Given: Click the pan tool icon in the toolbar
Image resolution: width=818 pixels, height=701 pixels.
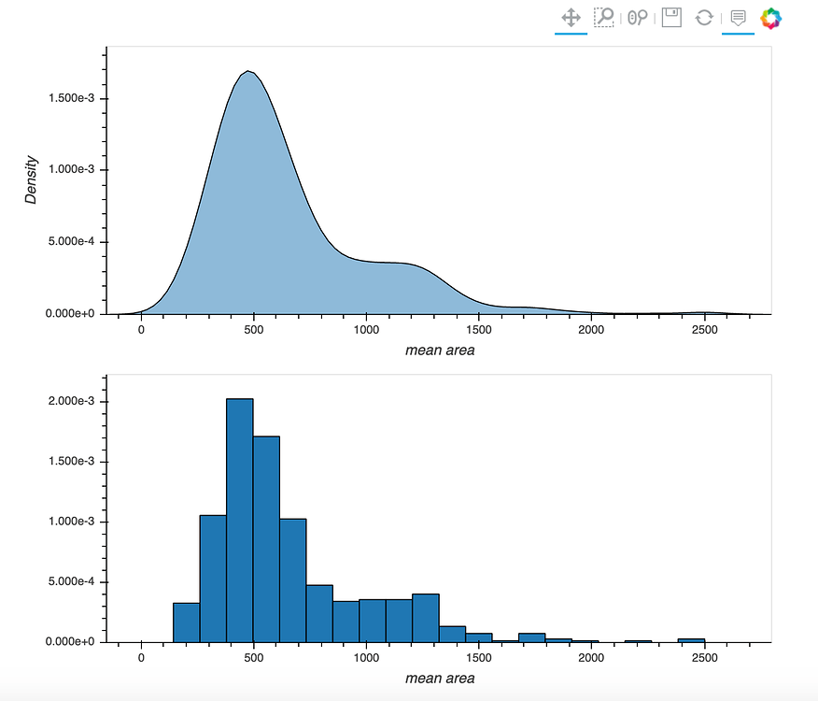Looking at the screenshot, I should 571,18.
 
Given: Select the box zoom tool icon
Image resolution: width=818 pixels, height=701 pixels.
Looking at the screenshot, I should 604,18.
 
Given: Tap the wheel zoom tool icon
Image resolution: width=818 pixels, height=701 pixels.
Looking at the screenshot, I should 638,18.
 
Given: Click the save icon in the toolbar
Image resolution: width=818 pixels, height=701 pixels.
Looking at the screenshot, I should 671,18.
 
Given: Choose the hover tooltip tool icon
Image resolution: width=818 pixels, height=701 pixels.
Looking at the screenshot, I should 738,18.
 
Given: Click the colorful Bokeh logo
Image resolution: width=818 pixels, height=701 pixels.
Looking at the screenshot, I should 771,18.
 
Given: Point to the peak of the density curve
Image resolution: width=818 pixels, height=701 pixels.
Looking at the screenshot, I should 248,71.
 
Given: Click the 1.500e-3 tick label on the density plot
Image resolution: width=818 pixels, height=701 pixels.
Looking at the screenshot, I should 70,99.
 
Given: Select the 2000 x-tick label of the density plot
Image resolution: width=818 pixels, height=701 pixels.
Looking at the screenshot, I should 592,330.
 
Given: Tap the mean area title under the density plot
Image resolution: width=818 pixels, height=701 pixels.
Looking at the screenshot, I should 440,350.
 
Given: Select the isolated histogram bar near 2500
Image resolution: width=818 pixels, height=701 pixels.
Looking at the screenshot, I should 691,640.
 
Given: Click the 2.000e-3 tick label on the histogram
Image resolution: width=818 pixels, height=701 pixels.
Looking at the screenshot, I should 70,402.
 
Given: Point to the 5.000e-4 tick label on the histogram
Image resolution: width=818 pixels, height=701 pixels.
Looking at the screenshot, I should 70,582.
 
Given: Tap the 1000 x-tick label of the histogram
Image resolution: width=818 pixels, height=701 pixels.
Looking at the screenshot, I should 367,658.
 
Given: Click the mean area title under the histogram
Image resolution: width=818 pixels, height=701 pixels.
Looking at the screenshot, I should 440,678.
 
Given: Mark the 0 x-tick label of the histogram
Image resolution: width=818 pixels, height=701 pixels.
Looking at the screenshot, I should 141,658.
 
